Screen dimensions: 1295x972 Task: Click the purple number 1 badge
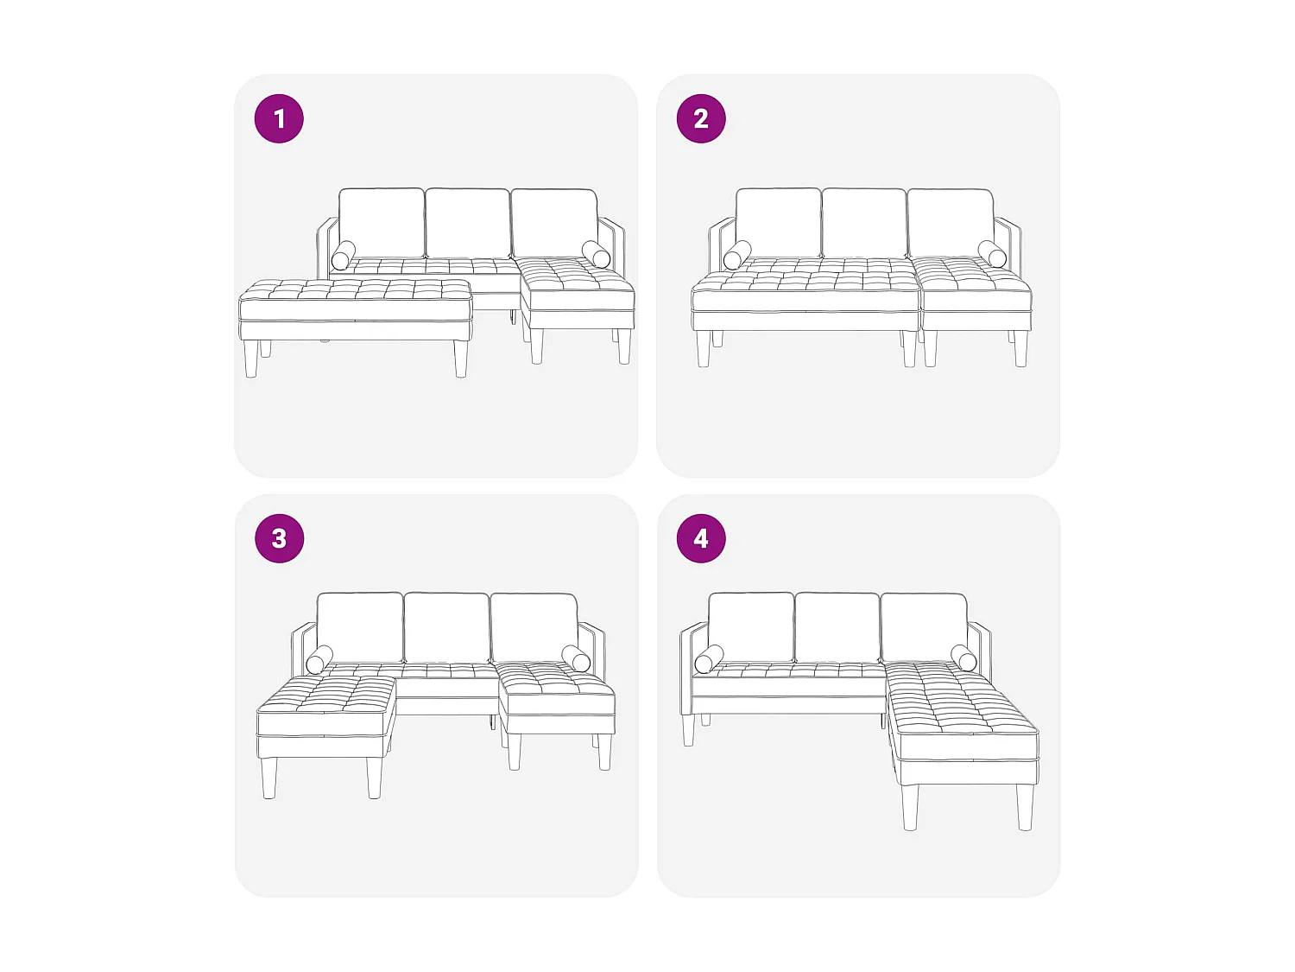279,118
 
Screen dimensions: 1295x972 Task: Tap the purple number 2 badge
701,118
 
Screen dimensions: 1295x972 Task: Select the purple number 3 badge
279,538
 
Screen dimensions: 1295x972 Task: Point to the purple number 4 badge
701,538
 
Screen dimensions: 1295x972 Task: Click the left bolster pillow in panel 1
344,255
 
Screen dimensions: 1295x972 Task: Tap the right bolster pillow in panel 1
596,254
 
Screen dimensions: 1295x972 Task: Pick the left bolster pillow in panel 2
737,255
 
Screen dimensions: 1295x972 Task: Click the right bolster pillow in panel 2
992,254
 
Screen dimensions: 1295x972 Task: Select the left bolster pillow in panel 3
319,659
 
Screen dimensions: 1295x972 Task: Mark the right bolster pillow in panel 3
576,658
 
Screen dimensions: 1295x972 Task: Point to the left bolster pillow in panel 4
709,659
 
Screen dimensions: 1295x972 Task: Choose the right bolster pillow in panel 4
963,658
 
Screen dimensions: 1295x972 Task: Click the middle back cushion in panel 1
467,223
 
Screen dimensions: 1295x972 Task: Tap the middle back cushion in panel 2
863,223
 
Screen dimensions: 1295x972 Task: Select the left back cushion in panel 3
360,627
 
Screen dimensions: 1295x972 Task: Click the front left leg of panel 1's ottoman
250,359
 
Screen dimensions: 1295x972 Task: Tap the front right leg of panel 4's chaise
1025,807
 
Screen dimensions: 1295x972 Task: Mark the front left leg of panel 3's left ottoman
269,778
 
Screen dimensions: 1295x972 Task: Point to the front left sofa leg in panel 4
688,730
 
